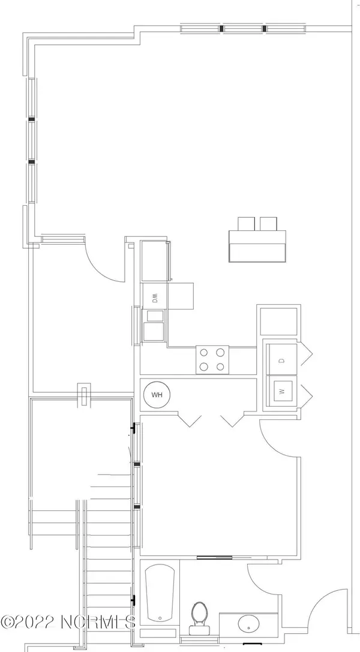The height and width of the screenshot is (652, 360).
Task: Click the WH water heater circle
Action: click(157, 395)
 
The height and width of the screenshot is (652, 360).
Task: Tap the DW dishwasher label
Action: click(155, 298)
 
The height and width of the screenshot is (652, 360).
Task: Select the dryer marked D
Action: click(282, 359)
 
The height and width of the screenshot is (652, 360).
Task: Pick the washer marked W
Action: click(282, 391)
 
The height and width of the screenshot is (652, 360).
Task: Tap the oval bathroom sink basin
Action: click(248, 624)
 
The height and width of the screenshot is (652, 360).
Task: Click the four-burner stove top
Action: click(212, 360)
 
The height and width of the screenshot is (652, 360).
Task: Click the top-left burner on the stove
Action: click(204, 353)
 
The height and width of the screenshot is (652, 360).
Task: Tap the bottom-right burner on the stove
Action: click(220, 366)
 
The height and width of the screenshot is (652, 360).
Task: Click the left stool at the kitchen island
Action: click(246, 224)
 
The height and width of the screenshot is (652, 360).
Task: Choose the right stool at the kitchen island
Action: click(269, 224)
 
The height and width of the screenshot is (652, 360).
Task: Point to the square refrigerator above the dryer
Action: click(279, 321)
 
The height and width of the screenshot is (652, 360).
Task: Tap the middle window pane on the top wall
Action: click(243, 28)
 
